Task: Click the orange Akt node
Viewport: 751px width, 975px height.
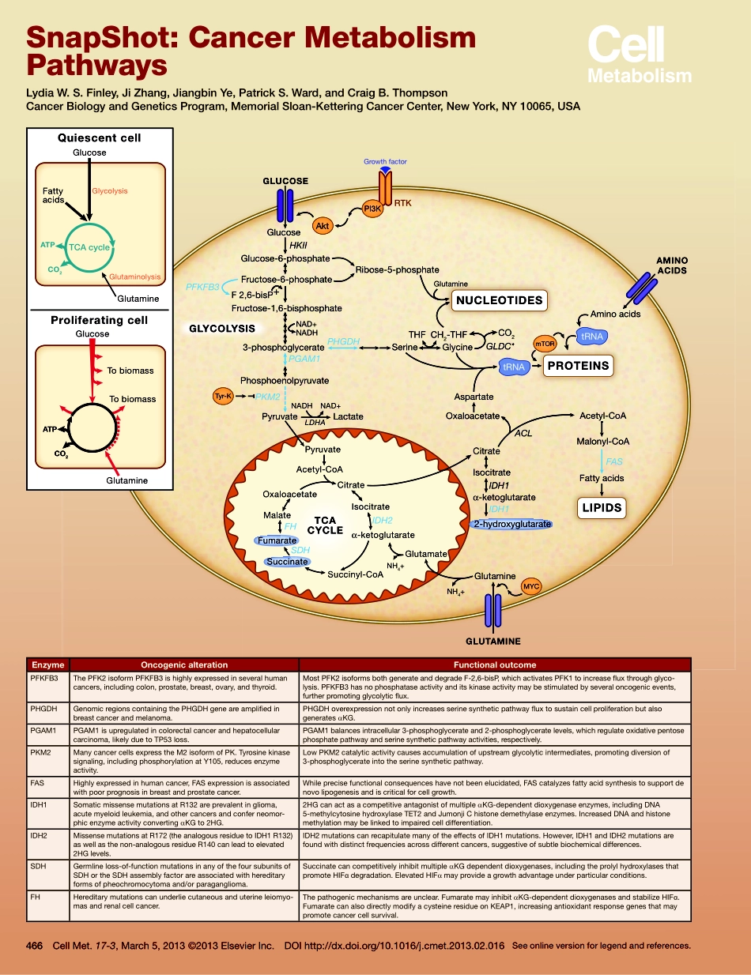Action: click(x=322, y=227)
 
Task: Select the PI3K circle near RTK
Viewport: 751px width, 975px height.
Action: click(x=372, y=209)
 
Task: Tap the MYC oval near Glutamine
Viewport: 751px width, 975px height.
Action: click(x=531, y=587)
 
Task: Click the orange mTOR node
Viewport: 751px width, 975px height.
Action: click(x=545, y=344)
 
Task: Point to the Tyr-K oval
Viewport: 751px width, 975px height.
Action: click(x=223, y=396)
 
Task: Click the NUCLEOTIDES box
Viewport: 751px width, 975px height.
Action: click(x=499, y=300)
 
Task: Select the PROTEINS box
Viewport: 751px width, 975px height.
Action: click(x=579, y=366)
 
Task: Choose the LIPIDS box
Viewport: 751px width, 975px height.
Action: click(x=602, y=508)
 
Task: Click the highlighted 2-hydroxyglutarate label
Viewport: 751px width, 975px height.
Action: click(x=511, y=524)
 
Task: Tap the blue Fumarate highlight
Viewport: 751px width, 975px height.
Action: click(x=276, y=540)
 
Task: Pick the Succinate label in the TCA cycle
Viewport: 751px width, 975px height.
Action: click(x=287, y=562)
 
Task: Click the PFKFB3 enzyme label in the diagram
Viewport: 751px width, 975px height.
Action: click(x=202, y=287)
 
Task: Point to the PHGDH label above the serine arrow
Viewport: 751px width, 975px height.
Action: click(x=343, y=341)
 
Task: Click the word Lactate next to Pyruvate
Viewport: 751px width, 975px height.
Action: click(x=349, y=416)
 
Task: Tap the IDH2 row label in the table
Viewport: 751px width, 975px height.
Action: click(x=40, y=834)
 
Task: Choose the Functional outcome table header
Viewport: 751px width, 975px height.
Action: click(x=495, y=664)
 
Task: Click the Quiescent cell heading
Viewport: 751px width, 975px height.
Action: click(x=100, y=137)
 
